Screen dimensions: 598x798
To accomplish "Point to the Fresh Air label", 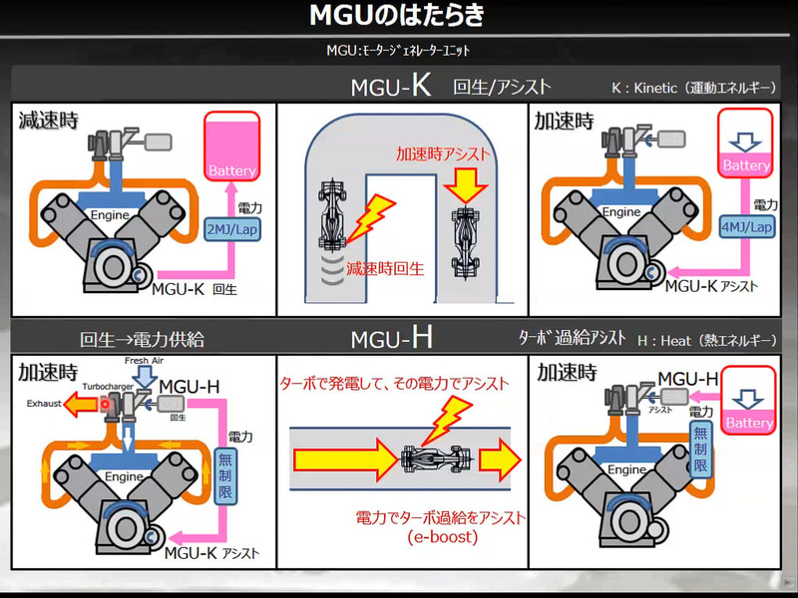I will [144, 360].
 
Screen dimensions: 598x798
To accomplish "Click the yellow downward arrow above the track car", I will [464, 184].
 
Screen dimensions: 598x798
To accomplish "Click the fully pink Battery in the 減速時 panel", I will [231, 147].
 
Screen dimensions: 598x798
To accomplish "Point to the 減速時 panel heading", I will [49, 121].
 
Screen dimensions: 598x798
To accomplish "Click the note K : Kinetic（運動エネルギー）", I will [693, 88].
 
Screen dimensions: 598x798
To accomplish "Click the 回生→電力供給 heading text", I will [142, 340].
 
